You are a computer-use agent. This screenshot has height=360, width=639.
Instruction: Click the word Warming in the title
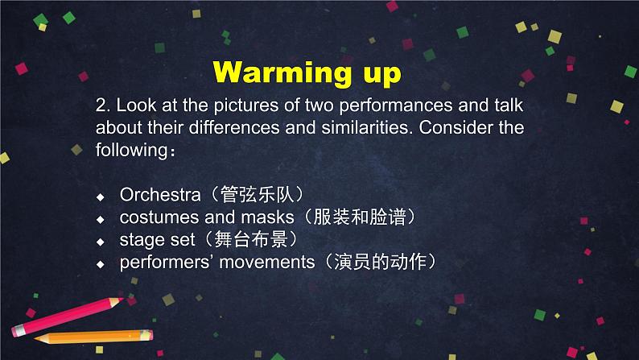(282, 72)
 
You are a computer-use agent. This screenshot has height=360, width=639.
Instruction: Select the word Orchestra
(160, 194)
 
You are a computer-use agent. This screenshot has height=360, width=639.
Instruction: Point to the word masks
(267, 217)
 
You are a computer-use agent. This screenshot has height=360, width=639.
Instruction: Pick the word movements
(267, 263)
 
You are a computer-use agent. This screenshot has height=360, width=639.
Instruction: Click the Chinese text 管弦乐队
(257, 194)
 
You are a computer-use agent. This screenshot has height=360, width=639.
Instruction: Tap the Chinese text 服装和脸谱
(360, 217)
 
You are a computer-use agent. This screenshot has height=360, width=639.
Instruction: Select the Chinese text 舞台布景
(251, 239)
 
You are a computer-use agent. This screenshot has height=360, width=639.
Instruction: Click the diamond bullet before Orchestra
(101, 197)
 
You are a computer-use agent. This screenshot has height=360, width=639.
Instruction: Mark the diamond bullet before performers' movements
(101, 265)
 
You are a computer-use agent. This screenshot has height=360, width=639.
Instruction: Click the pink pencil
(68, 317)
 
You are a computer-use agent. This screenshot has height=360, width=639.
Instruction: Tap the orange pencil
(93, 337)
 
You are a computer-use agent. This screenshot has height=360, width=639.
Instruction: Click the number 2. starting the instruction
(103, 106)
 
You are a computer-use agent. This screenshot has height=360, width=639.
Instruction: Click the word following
(132, 150)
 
